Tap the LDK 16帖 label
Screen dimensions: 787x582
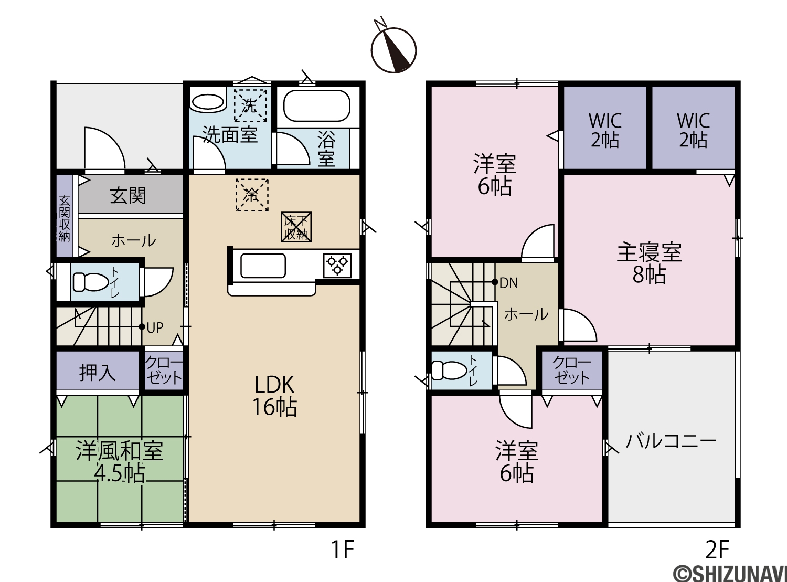(274, 396)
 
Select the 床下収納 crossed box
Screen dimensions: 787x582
(296, 227)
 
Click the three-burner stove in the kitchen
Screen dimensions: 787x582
(337, 266)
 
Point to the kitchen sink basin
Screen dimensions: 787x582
(263, 266)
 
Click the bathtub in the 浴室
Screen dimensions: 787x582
(317, 106)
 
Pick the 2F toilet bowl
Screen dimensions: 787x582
(449, 371)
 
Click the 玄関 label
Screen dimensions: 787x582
(128, 196)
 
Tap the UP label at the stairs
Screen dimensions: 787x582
(155, 327)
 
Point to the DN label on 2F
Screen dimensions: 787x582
(509, 283)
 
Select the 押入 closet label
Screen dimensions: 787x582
(97, 373)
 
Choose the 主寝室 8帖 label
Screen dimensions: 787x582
(649, 263)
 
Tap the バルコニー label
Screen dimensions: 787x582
(671, 441)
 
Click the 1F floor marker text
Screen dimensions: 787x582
(343, 549)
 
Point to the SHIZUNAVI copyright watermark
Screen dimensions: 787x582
(730, 572)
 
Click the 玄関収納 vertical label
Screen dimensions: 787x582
(64, 218)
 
